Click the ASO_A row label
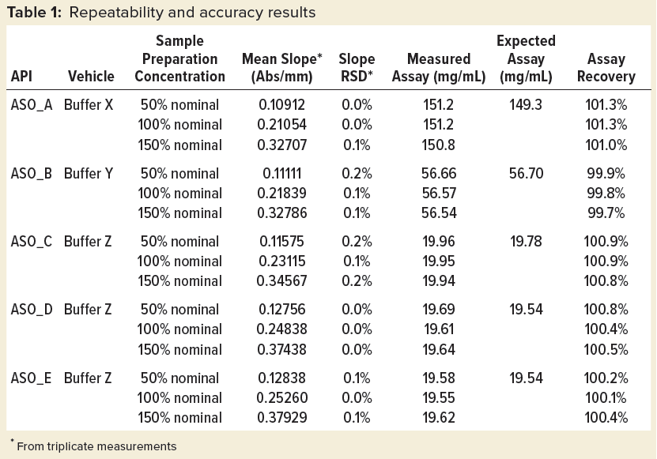pyautogui.click(x=31, y=103)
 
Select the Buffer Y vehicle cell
pyautogui.click(x=91, y=171)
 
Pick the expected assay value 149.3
pyautogui.click(x=526, y=103)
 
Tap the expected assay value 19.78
pyautogui.click(x=526, y=240)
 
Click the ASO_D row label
pyautogui.click(x=31, y=309)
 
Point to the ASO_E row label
pyautogui.click(x=31, y=377)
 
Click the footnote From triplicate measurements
pyautogui.click(x=96, y=446)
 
